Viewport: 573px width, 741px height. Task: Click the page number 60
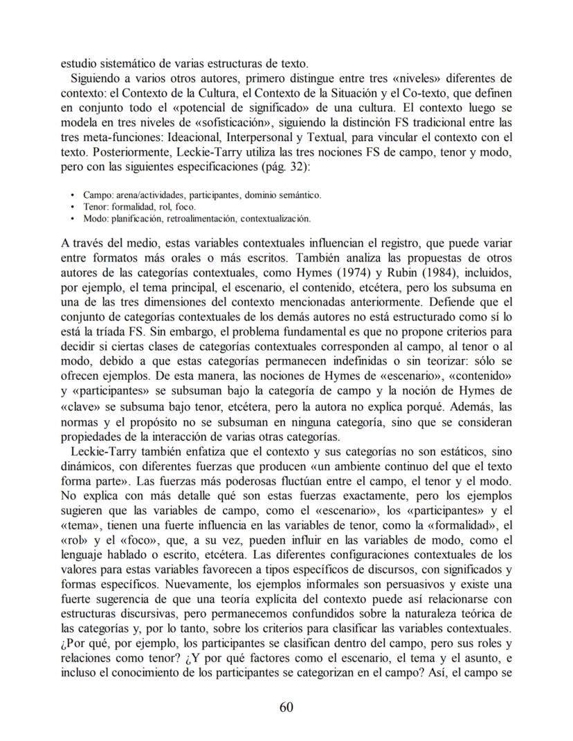click(286, 706)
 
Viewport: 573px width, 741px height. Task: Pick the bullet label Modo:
click(94, 218)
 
